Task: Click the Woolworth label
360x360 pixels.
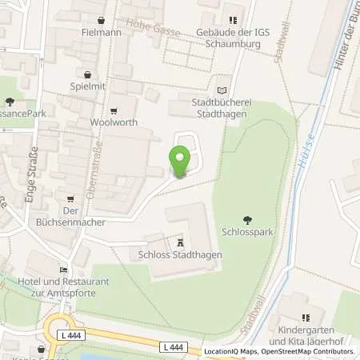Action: (114, 122)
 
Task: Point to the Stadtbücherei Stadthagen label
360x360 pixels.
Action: (222, 109)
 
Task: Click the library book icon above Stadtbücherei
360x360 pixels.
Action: (222, 90)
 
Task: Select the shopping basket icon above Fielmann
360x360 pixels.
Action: (101, 20)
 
